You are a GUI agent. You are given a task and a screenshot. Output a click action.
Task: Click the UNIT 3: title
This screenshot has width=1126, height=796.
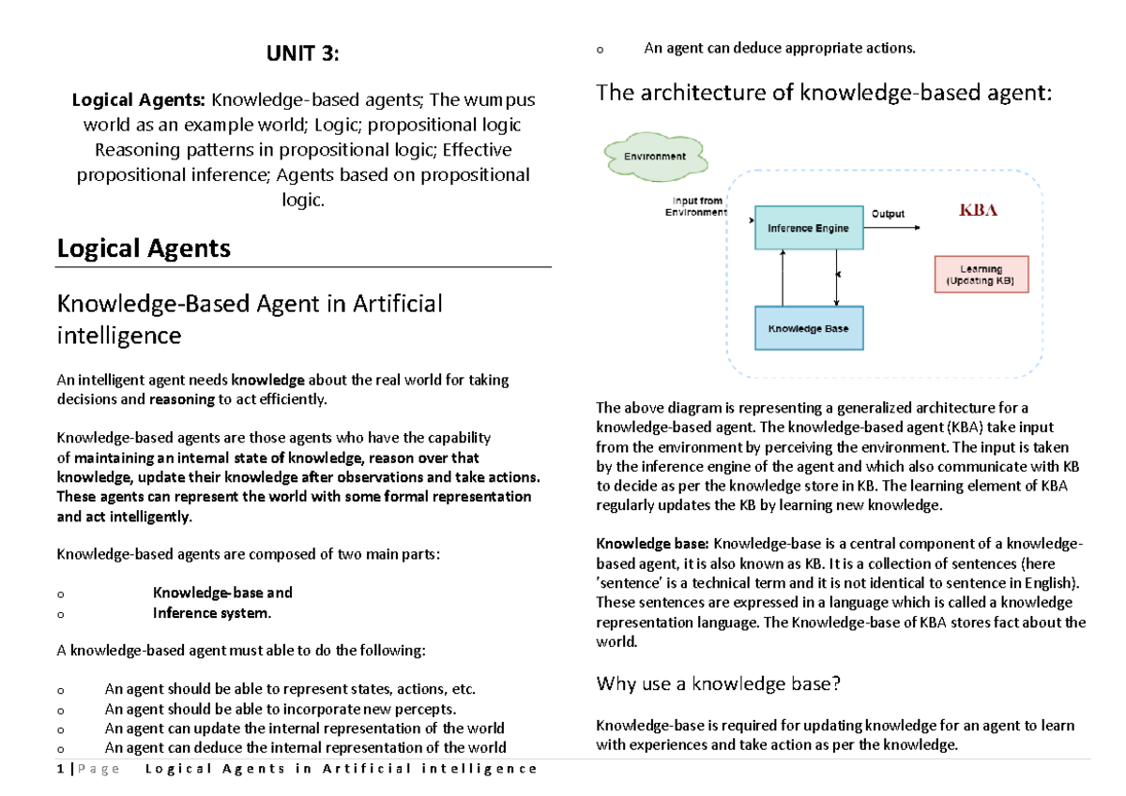tap(301, 54)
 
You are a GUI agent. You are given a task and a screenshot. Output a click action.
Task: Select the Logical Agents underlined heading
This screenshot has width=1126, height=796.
tap(144, 248)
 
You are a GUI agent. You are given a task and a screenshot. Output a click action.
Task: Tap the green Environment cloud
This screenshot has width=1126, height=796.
tap(654, 157)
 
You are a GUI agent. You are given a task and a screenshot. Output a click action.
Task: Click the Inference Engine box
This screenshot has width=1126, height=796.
tap(808, 228)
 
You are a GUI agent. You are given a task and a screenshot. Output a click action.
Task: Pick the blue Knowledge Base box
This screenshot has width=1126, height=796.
tap(808, 329)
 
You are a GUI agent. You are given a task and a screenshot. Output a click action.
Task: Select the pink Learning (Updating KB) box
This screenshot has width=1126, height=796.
tap(981, 275)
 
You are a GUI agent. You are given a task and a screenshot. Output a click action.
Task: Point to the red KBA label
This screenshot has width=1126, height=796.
tap(977, 210)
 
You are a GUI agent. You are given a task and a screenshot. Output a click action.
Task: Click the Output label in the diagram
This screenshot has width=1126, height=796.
tap(888, 214)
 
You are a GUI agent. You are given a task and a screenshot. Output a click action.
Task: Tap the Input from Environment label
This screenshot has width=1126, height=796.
tap(697, 206)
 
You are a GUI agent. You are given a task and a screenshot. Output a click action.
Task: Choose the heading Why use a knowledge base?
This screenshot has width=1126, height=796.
tap(719, 683)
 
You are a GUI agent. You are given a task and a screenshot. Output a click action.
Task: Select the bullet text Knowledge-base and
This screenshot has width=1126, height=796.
tap(222, 593)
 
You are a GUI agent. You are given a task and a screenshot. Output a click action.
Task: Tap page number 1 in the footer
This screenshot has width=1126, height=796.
tap(60, 769)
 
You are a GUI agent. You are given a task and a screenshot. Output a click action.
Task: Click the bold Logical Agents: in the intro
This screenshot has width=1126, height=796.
tap(140, 100)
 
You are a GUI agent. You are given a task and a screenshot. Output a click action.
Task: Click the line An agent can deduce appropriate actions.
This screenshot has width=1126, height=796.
tap(779, 48)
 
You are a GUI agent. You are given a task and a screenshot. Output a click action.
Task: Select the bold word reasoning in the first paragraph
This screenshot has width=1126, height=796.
tap(182, 400)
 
